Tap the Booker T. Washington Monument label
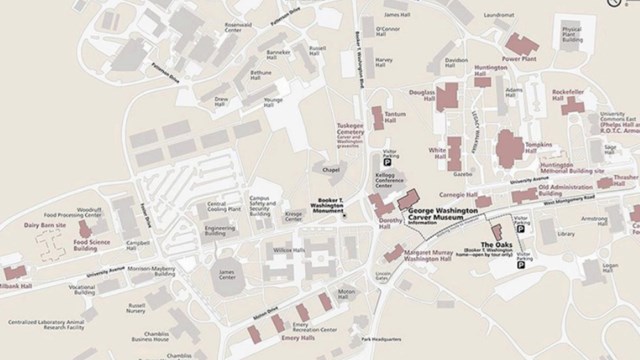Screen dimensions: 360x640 (x=316, y=206)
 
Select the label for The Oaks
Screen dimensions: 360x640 (x=497, y=245)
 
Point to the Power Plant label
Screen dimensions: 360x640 (x=520, y=59)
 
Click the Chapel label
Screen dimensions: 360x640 (x=331, y=169)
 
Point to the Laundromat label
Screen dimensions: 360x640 (x=499, y=16)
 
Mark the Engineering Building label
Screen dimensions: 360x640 (x=219, y=230)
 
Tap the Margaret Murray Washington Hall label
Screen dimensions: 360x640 (x=443, y=255)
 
